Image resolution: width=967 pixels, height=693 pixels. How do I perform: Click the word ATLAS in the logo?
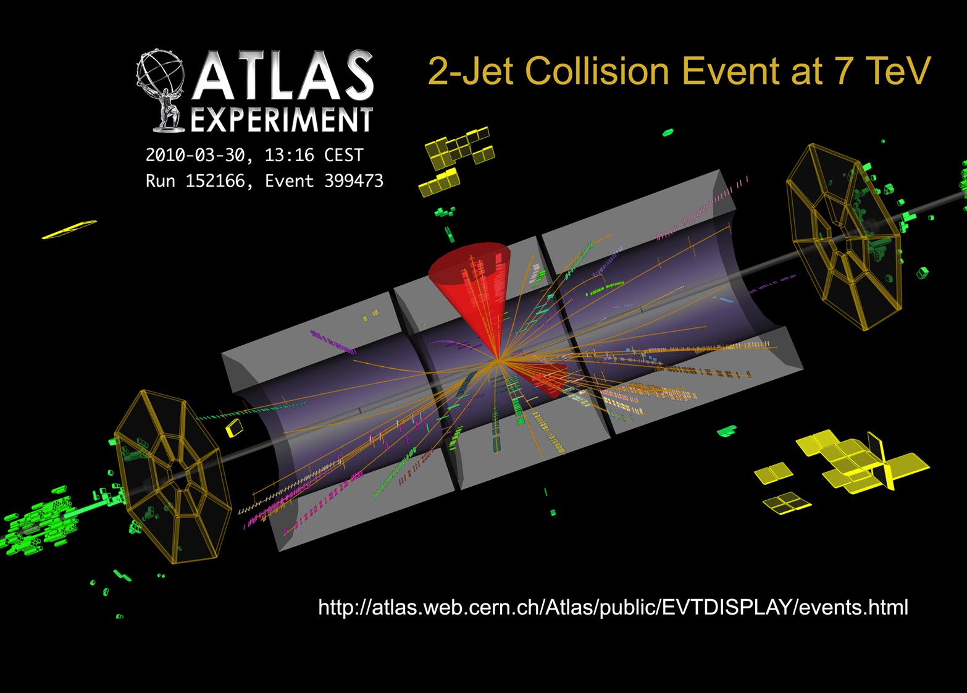pyautogui.click(x=283, y=75)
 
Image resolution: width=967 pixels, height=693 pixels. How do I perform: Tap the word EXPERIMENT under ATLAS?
pyautogui.click(x=282, y=119)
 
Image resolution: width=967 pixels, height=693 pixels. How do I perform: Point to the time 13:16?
pyautogui.click(x=289, y=155)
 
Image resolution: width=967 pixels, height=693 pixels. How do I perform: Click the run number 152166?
pyautogui.click(x=215, y=181)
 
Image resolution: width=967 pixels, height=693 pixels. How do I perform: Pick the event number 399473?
pyautogui.click(x=354, y=181)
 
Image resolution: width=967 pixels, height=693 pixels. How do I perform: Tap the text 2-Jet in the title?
pyautogui.click(x=471, y=71)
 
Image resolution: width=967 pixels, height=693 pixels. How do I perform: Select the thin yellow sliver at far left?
pyautogui.click(x=69, y=229)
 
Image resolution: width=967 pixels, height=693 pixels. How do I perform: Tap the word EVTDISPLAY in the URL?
pyautogui.click(x=728, y=607)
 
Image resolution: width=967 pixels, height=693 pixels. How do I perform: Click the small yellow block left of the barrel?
pyautogui.click(x=235, y=427)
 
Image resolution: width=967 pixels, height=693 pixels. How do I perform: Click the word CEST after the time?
pyautogui.click(x=344, y=155)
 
